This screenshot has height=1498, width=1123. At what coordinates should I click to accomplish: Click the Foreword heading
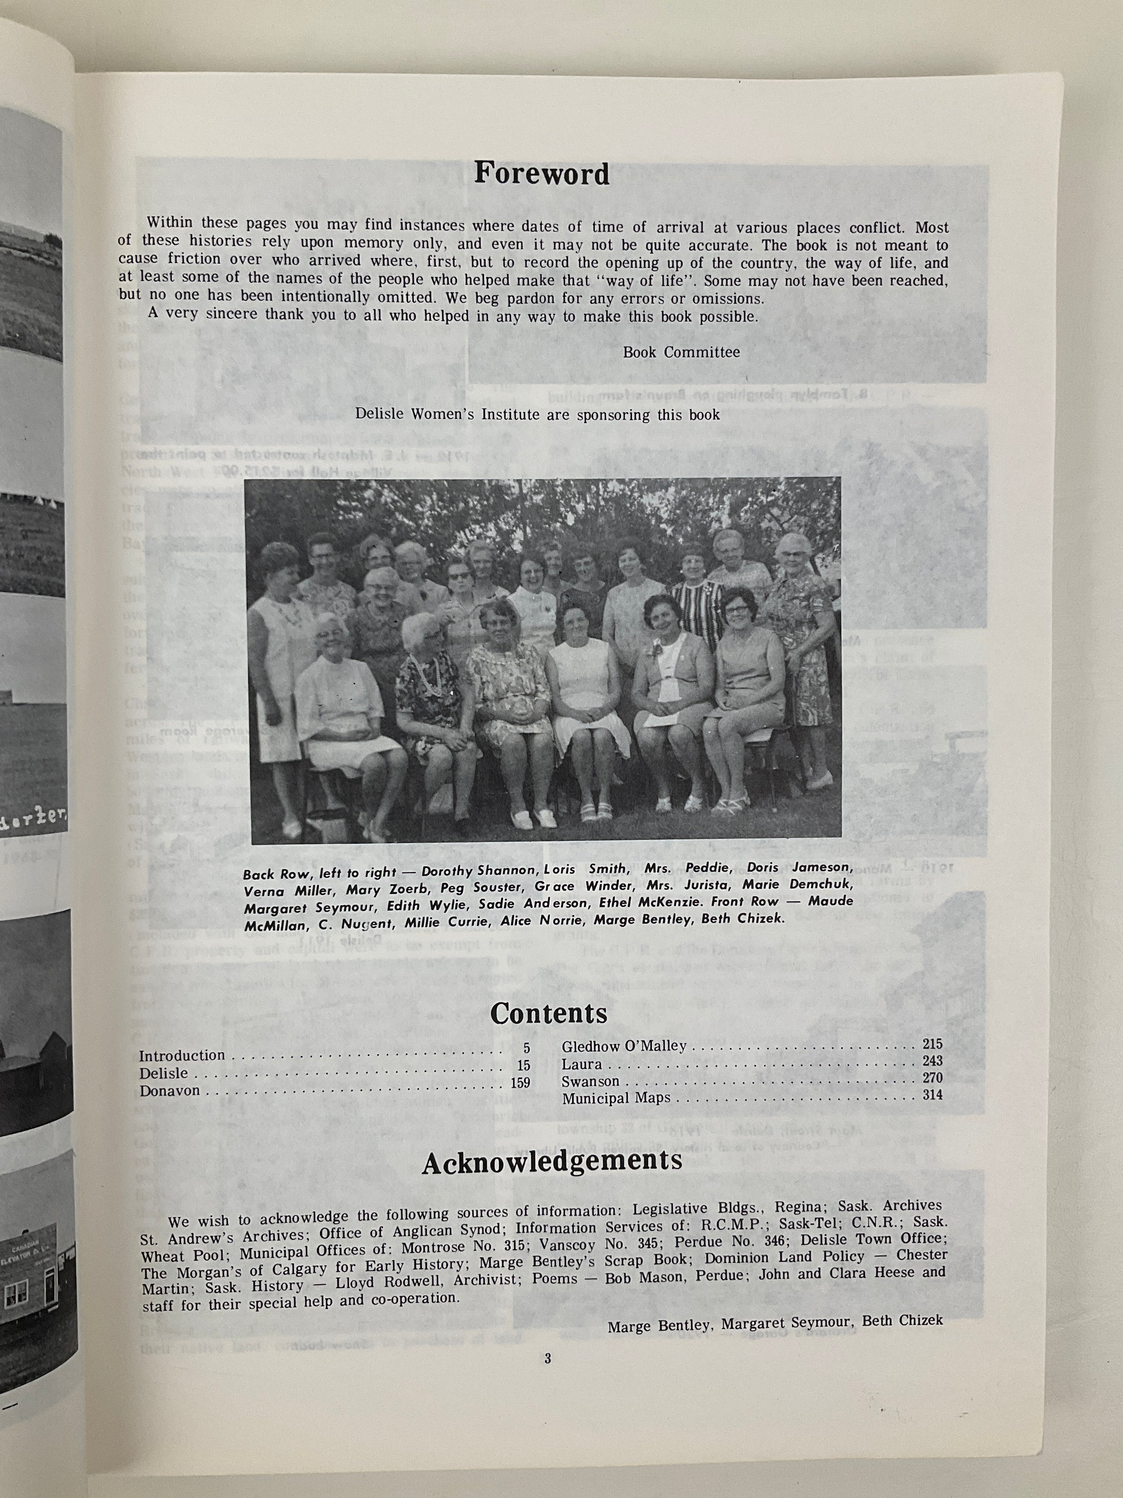(x=541, y=174)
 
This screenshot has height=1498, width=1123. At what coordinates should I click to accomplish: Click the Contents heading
(x=548, y=1014)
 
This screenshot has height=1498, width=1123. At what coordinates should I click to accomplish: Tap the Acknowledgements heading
(x=552, y=1161)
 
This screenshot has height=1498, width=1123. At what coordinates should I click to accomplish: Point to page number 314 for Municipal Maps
(x=932, y=1095)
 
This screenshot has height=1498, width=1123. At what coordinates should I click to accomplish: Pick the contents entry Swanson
(x=590, y=1082)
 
